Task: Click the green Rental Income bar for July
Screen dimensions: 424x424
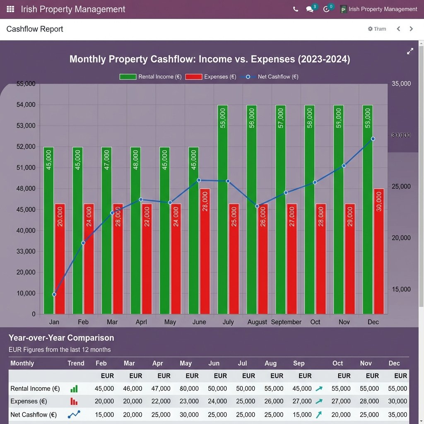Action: coord(223,209)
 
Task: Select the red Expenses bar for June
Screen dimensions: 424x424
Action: coord(205,251)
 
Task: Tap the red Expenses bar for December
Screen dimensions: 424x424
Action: coord(379,251)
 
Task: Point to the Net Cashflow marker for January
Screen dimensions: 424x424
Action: coord(54,294)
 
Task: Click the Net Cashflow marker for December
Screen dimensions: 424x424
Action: coord(373,139)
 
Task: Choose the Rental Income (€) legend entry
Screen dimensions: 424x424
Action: coord(150,77)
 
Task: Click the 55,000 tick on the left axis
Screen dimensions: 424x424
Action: coord(26,84)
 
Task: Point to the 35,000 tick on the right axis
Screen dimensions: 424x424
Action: coord(401,84)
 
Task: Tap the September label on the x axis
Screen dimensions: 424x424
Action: coord(286,322)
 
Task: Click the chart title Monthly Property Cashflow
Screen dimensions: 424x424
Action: coord(210,59)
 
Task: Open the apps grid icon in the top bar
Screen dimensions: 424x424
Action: coord(11,9)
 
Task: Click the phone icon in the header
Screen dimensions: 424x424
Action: coord(295,9)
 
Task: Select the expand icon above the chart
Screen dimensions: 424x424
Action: coord(410,51)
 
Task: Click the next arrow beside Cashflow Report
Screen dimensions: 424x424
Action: coord(411,29)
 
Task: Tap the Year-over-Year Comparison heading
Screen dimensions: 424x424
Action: coord(61,338)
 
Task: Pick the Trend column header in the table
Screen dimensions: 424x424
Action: coord(76,363)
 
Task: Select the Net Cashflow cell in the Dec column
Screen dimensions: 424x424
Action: coord(398,414)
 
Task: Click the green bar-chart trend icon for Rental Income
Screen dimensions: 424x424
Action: coord(74,389)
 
